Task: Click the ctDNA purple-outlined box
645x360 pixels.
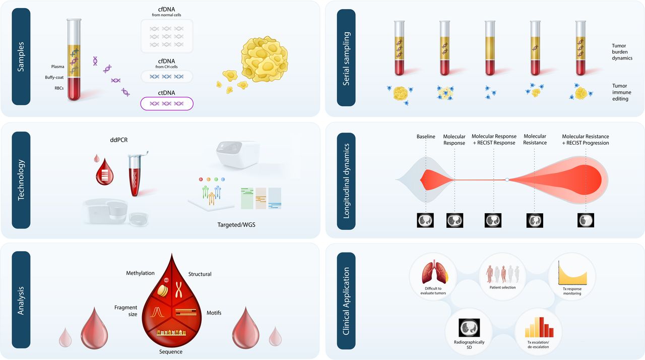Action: pyautogui.click(x=167, y=104)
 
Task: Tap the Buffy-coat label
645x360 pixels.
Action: pyautogui.click(x=54, y=78)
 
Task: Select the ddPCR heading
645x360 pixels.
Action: pyautogui.click(x=118, y=140)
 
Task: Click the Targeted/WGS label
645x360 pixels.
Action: pyautogui.click(x=236, y=225)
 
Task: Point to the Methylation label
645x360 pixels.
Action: pyautogui.click(x=140, y=273)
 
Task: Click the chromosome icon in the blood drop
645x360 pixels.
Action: pyautogui.click(x=179, y=289)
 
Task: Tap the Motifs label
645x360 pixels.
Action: pyautogui.click(x=214, y=313)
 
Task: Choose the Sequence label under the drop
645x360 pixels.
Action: pyautogui.click(x=171, y=351)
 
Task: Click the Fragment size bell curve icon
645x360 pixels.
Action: pyautogui.click(x=157, y=312)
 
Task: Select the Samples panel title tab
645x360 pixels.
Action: pyautogui.click(x=21, y=56)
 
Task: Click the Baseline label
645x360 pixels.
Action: pyautogui.click(x=426, y=137)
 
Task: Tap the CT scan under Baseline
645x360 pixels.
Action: pyautogui.click(x=425, y=220)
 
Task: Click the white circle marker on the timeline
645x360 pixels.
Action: pyautogui.click(x=507, y=179)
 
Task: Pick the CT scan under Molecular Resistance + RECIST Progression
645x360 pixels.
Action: pyautogui.click(x=586, y=220)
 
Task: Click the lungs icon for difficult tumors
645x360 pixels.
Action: pyautogui.click(x=435, y=272)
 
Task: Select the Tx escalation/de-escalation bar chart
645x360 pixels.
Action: pyautogui.click(x=539, y=327)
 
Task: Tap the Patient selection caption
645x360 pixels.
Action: pyautogui.click(x=503, y=287)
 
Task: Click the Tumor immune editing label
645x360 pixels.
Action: pyautogui.click(x=622, y=92)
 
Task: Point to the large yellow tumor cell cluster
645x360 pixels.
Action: pyautogui.click(x=265, y=59)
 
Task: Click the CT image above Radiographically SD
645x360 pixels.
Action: pyautogui.click(x=469, y=328)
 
